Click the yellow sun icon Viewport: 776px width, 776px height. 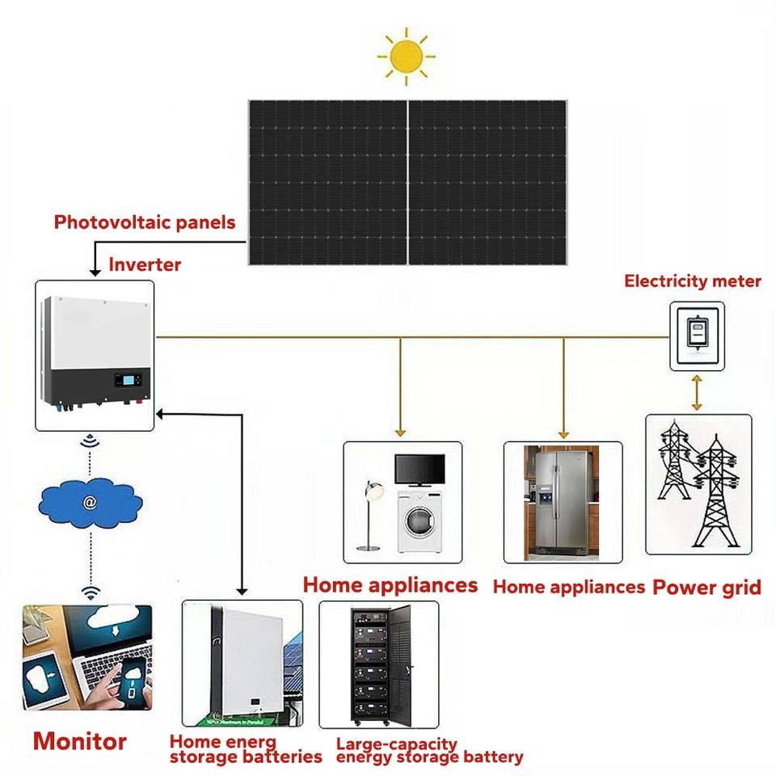coord(407,57)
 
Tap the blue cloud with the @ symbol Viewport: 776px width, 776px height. coord(91,503)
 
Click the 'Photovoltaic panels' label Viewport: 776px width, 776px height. coord(145,222)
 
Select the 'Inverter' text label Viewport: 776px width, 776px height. coord(145,264)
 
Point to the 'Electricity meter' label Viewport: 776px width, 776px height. coord(693,281)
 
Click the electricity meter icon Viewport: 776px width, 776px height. coord(698,336)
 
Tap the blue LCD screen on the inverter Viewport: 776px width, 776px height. coord(129,380)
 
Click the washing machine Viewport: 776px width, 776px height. coord(420,521)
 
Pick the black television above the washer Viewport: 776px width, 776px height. coord(420,470)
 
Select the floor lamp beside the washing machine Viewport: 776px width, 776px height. coord(371,515)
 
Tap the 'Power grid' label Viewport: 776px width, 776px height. coord(706,588)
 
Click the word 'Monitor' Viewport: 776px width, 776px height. coord(80,741)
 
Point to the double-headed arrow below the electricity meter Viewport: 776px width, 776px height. coord(697,393)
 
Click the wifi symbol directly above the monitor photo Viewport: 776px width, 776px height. coord(91,592)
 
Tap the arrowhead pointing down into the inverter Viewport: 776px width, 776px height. coord(95,272)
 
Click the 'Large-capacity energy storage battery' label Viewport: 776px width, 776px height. coord(429,750)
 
